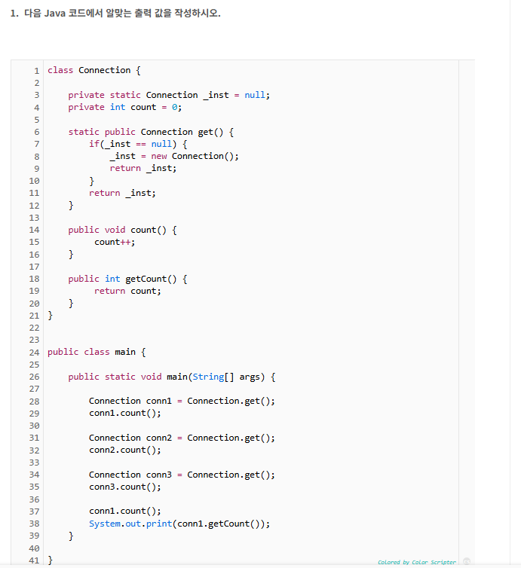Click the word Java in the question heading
[x=55, y=14]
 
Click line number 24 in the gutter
[x=34, y=352]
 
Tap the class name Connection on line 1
[x=104, y=70]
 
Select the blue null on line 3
[x=256, y=95]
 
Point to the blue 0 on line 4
[x=174, y=107]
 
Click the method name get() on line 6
[x=210, y=132]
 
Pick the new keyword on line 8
[x=159, y=156]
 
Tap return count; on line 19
[x=127, y=291]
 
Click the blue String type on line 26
[x=208, y=377]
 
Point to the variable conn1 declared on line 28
[x=159, y=401]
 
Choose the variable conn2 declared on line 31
[x=159, y=438]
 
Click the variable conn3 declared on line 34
[x=159, y=475]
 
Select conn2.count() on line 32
[x=123, y=450]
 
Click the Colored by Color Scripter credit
[x=417, y=562]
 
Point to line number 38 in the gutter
[x=34, y=524]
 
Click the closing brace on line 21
[x=50, y=316]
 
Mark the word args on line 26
[x=250, y=377]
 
